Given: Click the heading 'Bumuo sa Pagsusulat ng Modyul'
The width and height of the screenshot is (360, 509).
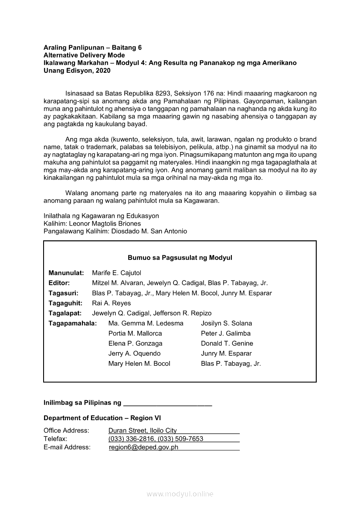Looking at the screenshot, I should (180, 258).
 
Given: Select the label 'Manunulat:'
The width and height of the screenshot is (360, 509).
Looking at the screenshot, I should (66, 273).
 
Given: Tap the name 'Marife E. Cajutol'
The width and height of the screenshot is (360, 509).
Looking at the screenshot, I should (116, 273).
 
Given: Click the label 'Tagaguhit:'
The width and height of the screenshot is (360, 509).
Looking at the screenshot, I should (65, 303).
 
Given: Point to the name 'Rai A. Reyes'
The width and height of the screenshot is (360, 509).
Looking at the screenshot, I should (111, 303).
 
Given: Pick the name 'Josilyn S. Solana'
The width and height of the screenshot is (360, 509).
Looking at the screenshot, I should (226, 323).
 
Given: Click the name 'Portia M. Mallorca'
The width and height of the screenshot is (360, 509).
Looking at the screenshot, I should (135, 333).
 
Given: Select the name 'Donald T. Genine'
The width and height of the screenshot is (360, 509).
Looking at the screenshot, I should (227, 343).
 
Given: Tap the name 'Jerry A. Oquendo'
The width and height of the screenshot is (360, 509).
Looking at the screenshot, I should (134, 353).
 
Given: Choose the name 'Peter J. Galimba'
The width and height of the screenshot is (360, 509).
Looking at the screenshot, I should (225, 333).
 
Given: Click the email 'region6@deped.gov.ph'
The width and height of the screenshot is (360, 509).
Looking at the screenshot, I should (143, 447).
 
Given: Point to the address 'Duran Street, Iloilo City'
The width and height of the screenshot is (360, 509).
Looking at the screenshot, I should (143, 431).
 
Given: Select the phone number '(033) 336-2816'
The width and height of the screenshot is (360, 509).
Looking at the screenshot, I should (131, 439).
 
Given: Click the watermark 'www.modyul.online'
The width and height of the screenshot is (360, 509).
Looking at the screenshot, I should (180, 494).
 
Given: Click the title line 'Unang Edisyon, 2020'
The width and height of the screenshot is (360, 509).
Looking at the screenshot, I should (71, 70).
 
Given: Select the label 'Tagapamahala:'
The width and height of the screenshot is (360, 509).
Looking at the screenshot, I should (72, 323).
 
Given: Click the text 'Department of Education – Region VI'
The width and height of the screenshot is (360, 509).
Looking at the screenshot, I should (102, 418).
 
